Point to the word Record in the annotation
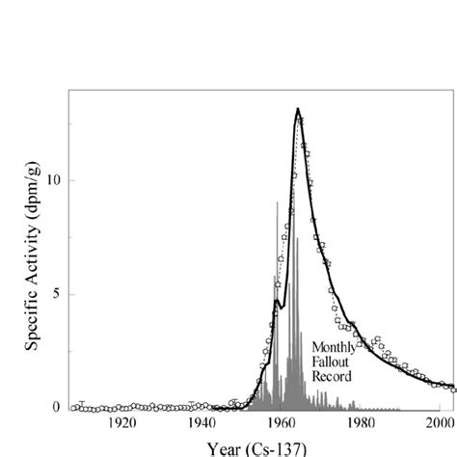point(331,375)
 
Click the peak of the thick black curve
point(298,110)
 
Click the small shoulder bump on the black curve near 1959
point(277,301)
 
